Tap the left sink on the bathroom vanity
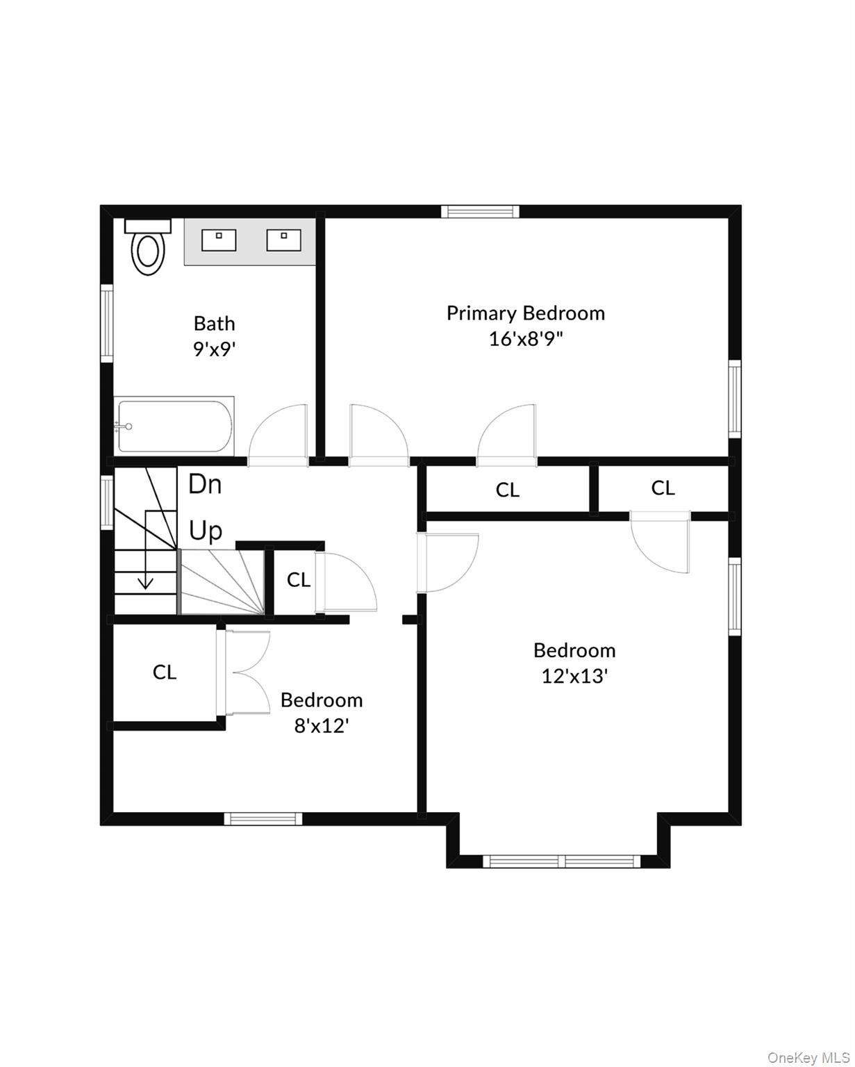point(219,240)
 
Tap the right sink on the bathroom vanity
point(283,240)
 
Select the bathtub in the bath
point(174,425)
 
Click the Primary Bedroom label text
point(525,313)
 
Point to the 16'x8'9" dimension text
point(525,340)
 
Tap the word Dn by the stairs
point(205,484)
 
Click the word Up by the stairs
point(206,531)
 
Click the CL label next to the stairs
point(298,580)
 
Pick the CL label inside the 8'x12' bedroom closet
point(165,672)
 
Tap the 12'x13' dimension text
point(574,677)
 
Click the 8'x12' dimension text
point(321,727)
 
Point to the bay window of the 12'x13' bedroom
point(561,861)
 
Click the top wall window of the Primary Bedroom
point(481,211)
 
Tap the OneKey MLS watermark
point(808,1057)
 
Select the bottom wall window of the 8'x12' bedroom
point(263,819)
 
